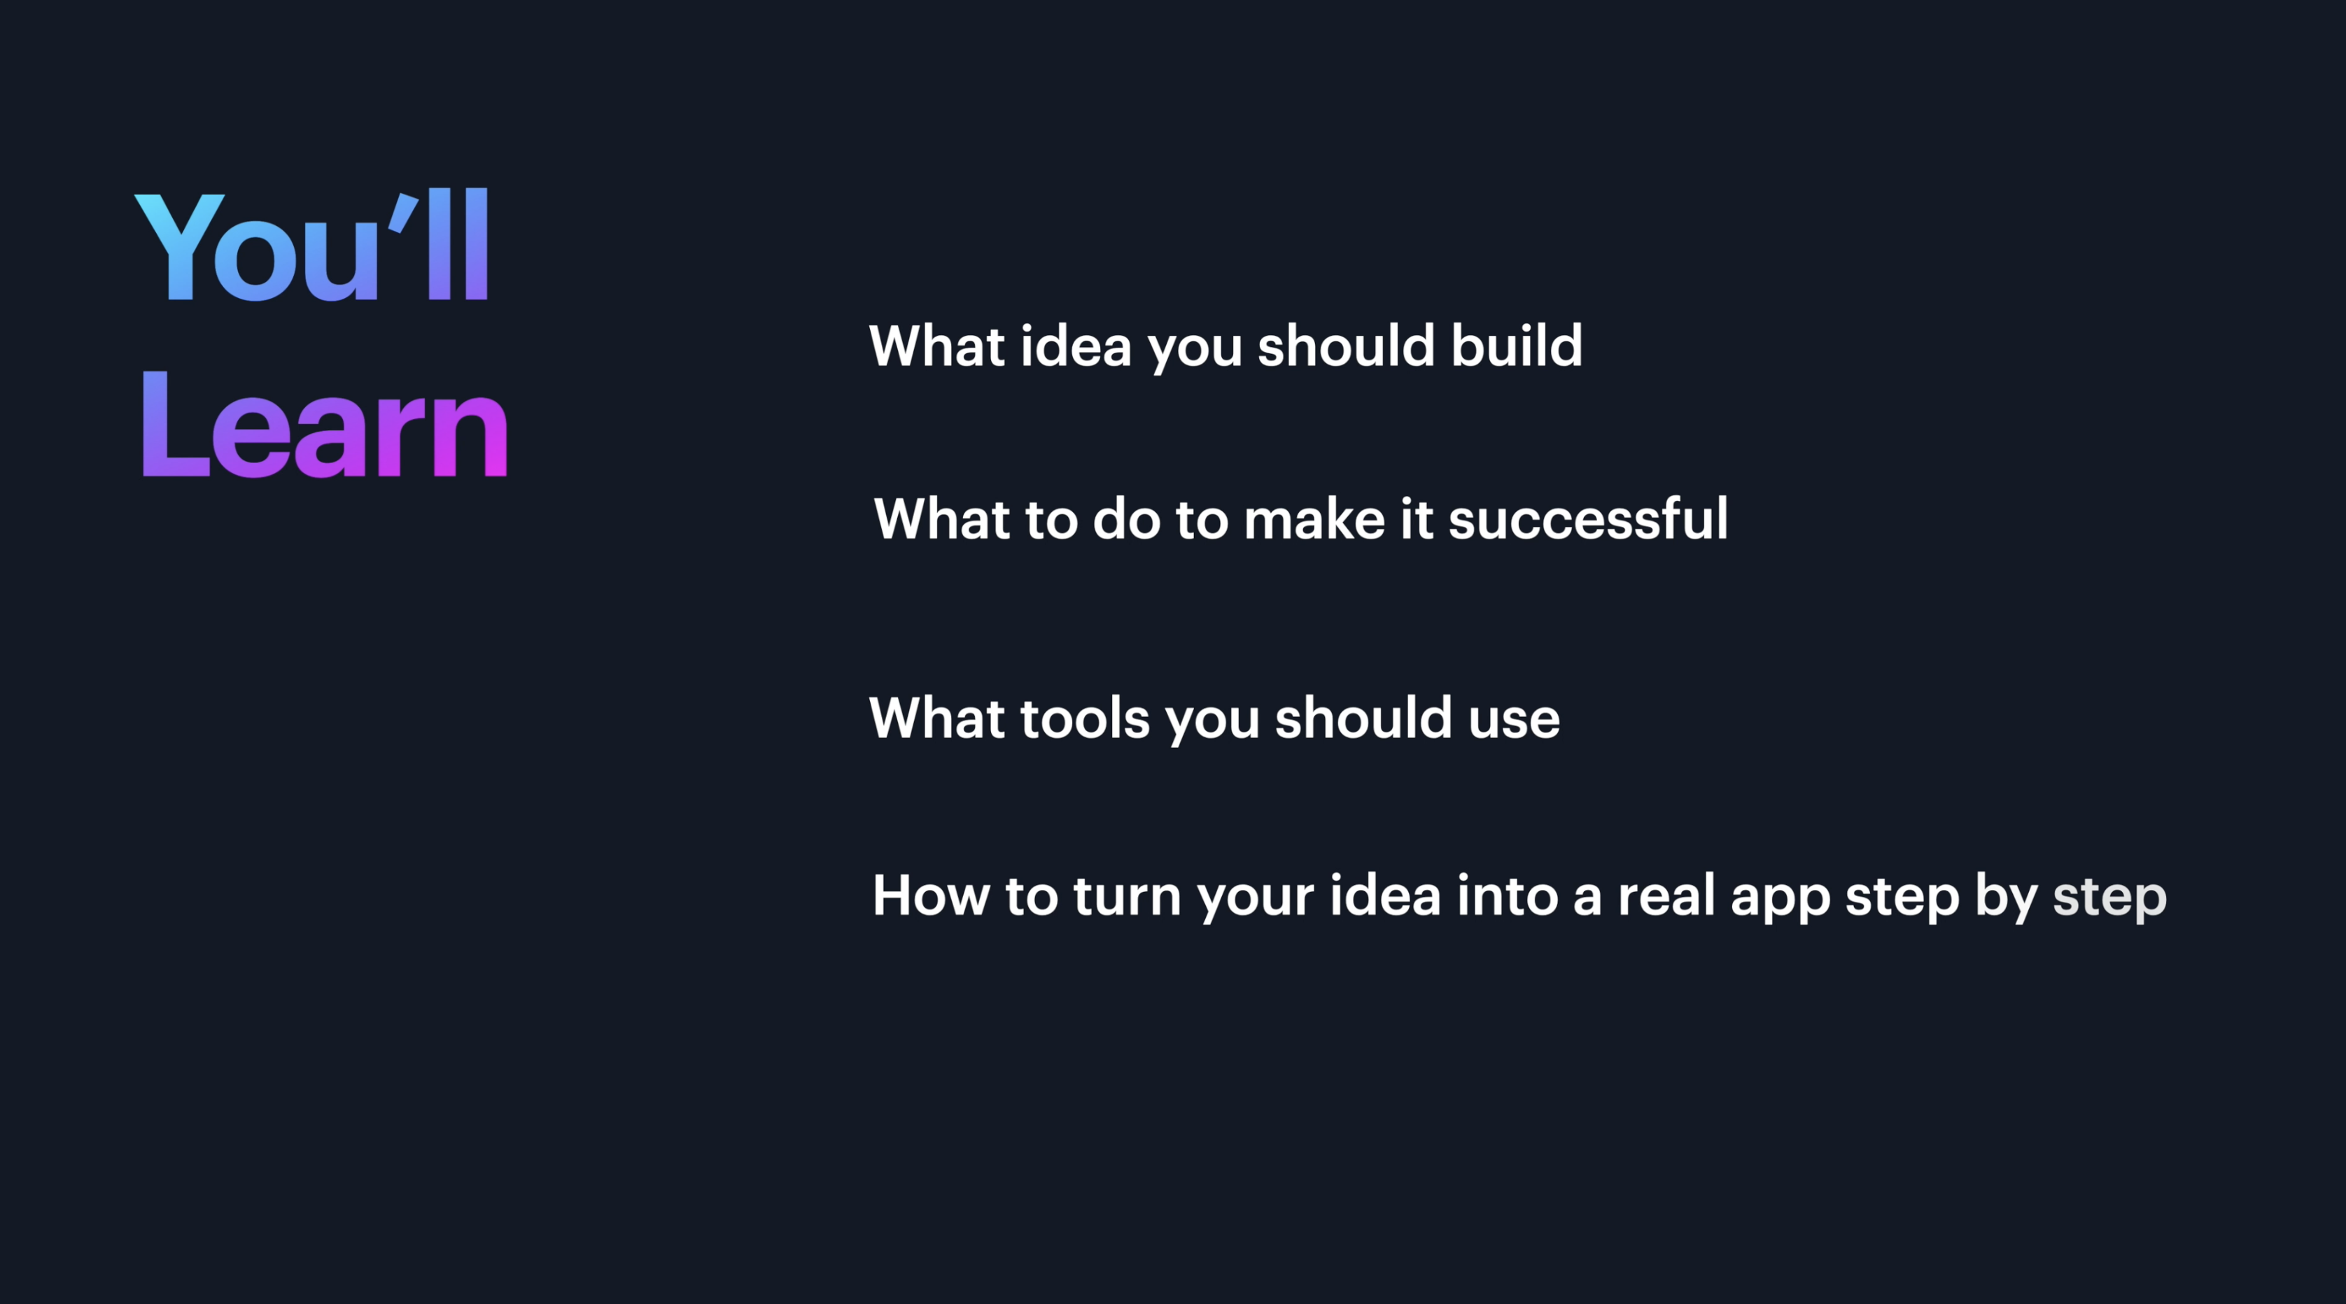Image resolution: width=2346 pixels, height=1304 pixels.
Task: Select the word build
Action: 1517,346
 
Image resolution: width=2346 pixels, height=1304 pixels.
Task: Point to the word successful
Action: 1587,520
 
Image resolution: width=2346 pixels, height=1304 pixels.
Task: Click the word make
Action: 1314,520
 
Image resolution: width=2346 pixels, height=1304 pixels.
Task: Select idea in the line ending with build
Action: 1076,346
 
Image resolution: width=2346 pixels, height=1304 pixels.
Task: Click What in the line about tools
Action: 937,718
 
